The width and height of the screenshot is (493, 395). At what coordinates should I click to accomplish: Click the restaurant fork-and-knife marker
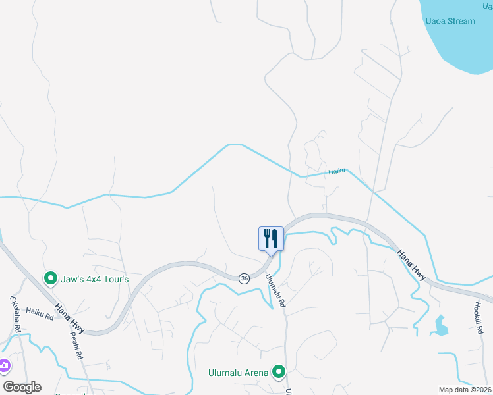coord(271,238)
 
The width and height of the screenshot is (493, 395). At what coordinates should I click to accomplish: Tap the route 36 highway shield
coord(244,278)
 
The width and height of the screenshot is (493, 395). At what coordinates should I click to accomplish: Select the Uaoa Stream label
coord(450,21)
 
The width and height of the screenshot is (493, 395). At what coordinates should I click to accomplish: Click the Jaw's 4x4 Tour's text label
coord(96,279)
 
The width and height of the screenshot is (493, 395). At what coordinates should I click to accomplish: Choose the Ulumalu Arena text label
coord(239,373)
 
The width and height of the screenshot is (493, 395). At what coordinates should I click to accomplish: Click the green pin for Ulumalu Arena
coord(279,373)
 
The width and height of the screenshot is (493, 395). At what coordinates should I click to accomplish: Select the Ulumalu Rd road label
coord(276,290)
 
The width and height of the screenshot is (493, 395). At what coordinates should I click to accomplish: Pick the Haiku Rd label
coord(40,315)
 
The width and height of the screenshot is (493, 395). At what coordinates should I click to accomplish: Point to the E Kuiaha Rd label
coord(16,313)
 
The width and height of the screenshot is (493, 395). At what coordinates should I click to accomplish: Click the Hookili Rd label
coord(478,317)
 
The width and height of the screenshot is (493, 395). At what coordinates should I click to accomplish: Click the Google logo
coord(22,387)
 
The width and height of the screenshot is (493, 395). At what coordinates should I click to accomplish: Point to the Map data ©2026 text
coord(465,390)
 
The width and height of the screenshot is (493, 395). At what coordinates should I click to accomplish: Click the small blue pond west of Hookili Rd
coord(440,325)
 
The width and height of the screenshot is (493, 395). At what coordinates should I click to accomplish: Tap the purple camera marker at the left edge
coord(3,365)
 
